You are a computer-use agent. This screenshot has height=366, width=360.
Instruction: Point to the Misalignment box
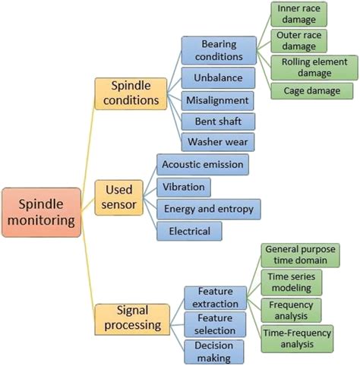pyautogui.click(x=216, y=99)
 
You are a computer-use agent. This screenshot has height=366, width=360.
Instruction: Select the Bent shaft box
pyautogui.click(x=216, y=121)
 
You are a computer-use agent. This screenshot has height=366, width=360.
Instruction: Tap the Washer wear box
pyautogui.click(x=216, y=142)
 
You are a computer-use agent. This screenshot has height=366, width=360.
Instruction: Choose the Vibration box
pyautogui.click(x=183, y=186)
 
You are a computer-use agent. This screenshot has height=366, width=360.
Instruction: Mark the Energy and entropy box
pyautogui.click(x=208, y=208)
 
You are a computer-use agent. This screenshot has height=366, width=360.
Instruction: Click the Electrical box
pyautogui.click(x=189, y=230)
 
